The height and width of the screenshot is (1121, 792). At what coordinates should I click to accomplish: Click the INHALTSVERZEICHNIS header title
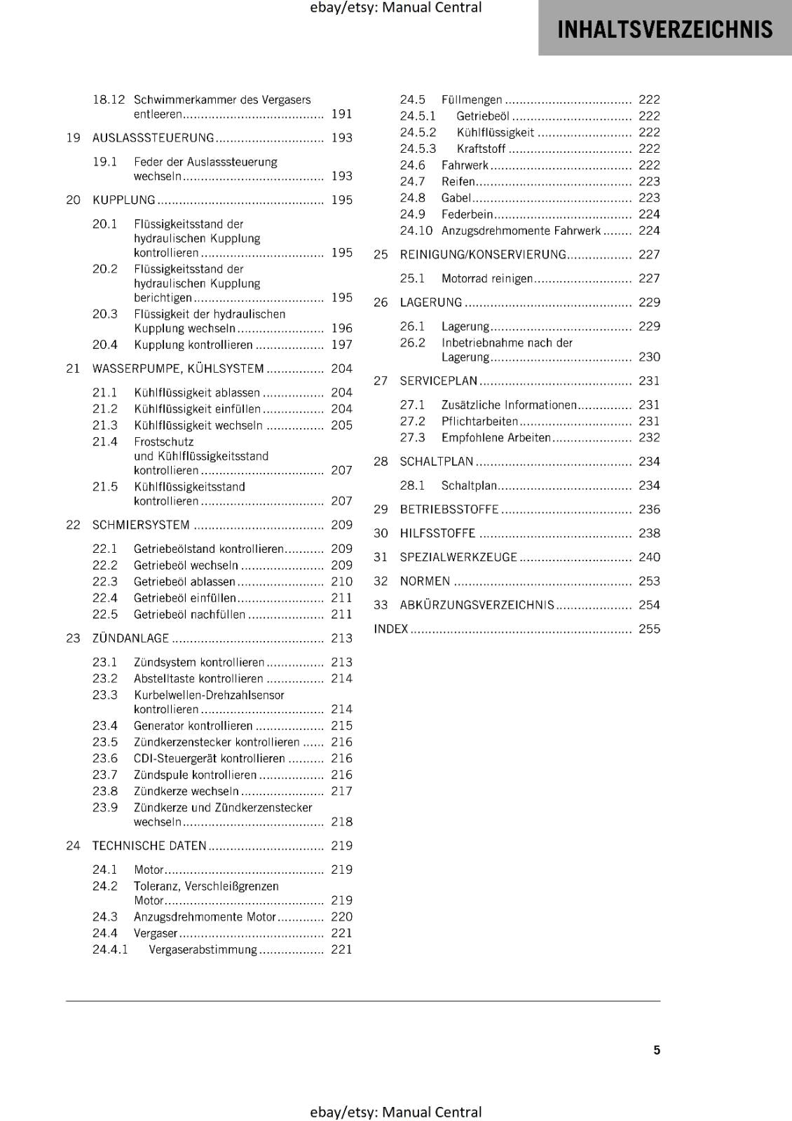click(x=664, y=29)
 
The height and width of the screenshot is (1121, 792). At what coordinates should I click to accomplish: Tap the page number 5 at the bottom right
click(x=657, y=1050)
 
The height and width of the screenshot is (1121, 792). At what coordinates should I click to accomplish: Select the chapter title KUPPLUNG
click(x=124, y=200)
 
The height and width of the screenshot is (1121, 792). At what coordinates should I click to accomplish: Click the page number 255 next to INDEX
click(x=649, y=629)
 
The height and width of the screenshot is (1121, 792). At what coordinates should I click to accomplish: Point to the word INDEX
click(x=391, y=629)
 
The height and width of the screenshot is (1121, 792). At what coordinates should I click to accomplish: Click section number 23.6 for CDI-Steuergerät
click(x=105, y=759)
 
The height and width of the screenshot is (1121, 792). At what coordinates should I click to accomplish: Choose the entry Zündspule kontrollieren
click(x=195, y=775)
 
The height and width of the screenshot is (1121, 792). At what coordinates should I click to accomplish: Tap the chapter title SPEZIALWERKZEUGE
click(x=458, y=558)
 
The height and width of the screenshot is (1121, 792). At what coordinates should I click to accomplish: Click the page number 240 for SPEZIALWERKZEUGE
click(x=649, y=558)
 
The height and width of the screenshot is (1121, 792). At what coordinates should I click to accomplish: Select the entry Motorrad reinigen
click(x=487, y=279)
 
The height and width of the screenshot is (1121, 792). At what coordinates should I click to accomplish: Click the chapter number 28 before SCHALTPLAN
click(x=381, y=462)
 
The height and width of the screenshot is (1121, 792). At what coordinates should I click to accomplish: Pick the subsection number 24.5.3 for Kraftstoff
click(x=418, y=149)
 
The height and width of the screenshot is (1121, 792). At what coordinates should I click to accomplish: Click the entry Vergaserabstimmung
click(x=203, y=950)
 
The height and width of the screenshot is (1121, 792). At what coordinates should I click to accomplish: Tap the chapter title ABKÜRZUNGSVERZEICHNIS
click(x=477, y=605)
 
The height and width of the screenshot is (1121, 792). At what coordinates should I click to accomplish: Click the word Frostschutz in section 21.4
click(x=163, y=442)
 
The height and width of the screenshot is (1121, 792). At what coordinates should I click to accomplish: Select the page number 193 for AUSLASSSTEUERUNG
click(x=341, y=138)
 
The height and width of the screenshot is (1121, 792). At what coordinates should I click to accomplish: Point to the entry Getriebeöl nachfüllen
click(x=189, y=615)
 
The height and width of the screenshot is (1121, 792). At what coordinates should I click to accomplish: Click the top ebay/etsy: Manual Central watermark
click(x=395, y=8)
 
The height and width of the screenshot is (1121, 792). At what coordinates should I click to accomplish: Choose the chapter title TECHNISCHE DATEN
click(x=149, y=846)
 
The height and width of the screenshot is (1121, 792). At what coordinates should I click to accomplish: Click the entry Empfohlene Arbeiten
click(x=496, y=438)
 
